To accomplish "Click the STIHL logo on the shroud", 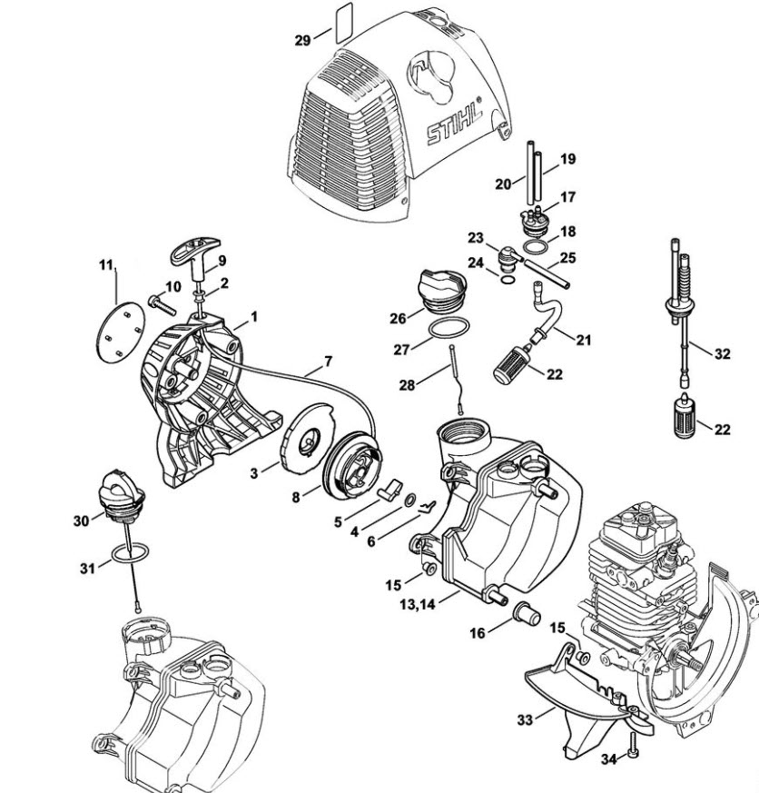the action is click(x=454, y=124).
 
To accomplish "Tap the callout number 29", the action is click(x=302, y=40).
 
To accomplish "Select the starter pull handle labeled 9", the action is click(x=195, y=257).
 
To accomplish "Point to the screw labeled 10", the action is click(x=162, y=304).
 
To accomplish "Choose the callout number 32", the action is click(x=723, y=353).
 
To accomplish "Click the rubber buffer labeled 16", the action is click(x=527, y=614).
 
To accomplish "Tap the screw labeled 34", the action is click(x=632, y=754).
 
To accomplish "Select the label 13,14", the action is click(x=417, y=604).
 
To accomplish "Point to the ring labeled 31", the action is click(x=130, y=552).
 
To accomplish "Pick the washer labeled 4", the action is click(x=409, y=500).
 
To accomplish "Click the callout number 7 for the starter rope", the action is click(x=329, y=362).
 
